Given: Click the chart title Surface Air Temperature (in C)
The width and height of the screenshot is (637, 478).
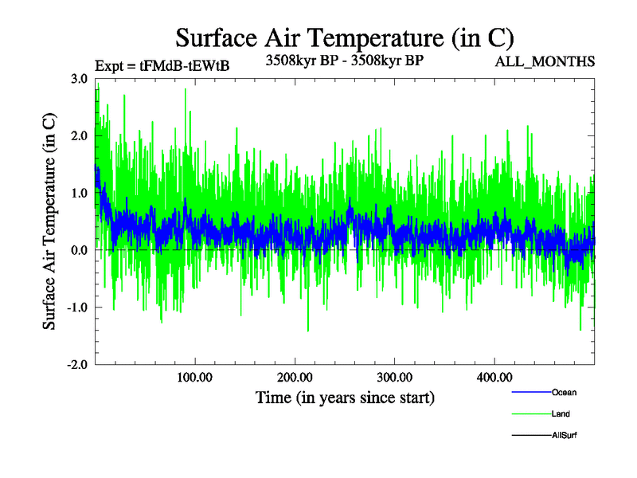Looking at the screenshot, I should pyautogui.click(x=345, y=37).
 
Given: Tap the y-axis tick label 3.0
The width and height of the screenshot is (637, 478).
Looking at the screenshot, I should pyautogui.click(x=79, y=79).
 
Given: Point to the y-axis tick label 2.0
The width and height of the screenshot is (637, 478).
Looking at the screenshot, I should pyautogui.click(x=79, y=136).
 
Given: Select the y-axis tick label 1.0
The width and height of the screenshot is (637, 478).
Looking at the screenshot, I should pyautogui.click(x=79, y=193).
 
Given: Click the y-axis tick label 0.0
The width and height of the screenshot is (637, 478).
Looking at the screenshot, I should pyautogui.click(x=79, y=250).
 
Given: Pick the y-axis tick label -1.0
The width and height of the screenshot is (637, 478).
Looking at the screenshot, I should pyautogui.click(x=77, y=308).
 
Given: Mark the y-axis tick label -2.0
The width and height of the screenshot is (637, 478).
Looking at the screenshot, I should pyautogui.click(x=77, y=365).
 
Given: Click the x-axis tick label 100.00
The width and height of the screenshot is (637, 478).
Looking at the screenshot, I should pyautogui.click(x=195, y=377).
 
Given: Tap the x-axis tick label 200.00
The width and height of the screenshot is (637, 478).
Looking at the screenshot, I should pyautogui.click(x=295, y=377).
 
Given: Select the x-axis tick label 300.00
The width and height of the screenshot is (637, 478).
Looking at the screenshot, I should pyautogui.click(x=394, y=377).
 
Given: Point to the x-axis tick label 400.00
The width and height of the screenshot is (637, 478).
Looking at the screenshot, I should pyautogui.click(x=494, y=377).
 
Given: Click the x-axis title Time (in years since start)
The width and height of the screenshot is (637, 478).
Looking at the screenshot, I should pyautogui.click(x=345, y=397).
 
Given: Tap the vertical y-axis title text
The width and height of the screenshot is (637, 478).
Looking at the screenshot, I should pyautogui.click(x=49, y=221).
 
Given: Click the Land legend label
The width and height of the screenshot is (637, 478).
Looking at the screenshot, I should pyautogui.click(x=561, y=413).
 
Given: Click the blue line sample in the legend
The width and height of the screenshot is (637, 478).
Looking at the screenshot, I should pyautogui.click(x=530, y=392).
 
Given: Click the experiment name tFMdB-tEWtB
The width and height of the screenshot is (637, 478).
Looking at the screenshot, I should pyautogui.click(x=185, y=66).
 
